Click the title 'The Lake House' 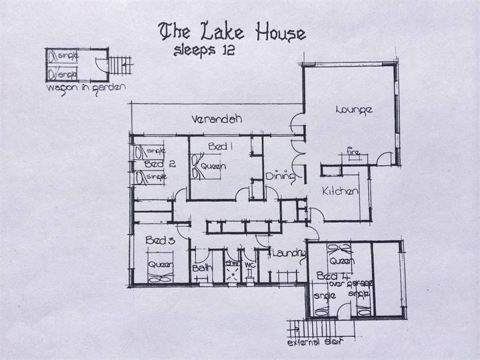pyautogui.click(x=231, y=32)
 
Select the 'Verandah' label pyautogui.click(x=215, y=120)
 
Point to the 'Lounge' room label pyautogui.click(x=353, y=110)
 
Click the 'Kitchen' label pyautogui.click(x=341, y=192)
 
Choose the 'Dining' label pyautogui.click(x=276, y=177)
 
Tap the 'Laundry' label pyautogui.click(x=289, y=253)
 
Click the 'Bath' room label pyautogui.click(x=201, y=268)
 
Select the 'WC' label pyautogui.click(x=249, y=265)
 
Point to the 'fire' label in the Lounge pyautogui.click(x=353, y=153)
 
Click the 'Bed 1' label pyautogui.click(x=218, y=146)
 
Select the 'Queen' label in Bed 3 pyautogui.click(x=160, y=265)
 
